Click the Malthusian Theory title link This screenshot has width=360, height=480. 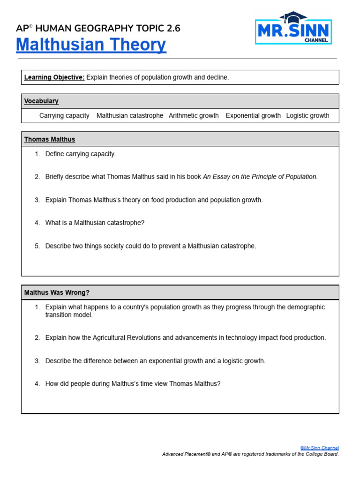tap(91, 45)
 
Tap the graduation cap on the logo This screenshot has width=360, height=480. tap(293, 17)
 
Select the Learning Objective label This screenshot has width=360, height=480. tap(54, 77)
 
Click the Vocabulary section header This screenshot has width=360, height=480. tap(41, 101)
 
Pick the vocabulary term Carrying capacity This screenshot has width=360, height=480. tap(64, 116)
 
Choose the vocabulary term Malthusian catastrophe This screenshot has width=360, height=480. tap(130, 116)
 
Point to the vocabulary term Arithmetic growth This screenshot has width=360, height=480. tap(194, 116)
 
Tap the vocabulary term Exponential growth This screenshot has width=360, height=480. tap(253, 116)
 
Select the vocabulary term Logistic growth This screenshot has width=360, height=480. tap(307, 116)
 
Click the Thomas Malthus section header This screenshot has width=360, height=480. tap(50, 140)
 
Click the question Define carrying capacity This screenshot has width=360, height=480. tap(80, 154)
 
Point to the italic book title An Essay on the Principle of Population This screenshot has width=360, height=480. tap(260, 177)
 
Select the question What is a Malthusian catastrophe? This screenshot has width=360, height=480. tap(95, 223)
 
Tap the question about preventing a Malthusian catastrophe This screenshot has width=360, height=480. tap(150, 246)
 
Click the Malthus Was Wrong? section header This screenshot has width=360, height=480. tap(57, 293)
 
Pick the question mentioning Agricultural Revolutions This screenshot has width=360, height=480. tap(185, 338)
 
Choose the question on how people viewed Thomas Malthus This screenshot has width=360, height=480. tap(133, 384)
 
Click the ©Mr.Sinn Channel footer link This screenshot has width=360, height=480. tap(319, 448)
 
